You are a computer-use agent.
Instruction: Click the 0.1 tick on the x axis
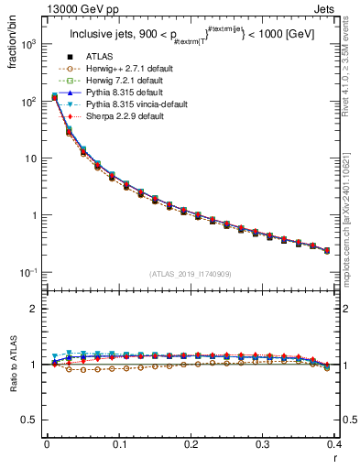[x=119, y=444]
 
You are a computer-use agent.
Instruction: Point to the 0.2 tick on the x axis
[x=191, y=444]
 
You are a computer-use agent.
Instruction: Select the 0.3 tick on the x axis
[x=264, y=444]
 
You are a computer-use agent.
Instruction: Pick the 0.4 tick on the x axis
[x=335, y=444]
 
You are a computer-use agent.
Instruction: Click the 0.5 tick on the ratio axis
[x=30, y=420]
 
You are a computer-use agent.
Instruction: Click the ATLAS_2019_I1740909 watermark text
[x=191, y=274]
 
